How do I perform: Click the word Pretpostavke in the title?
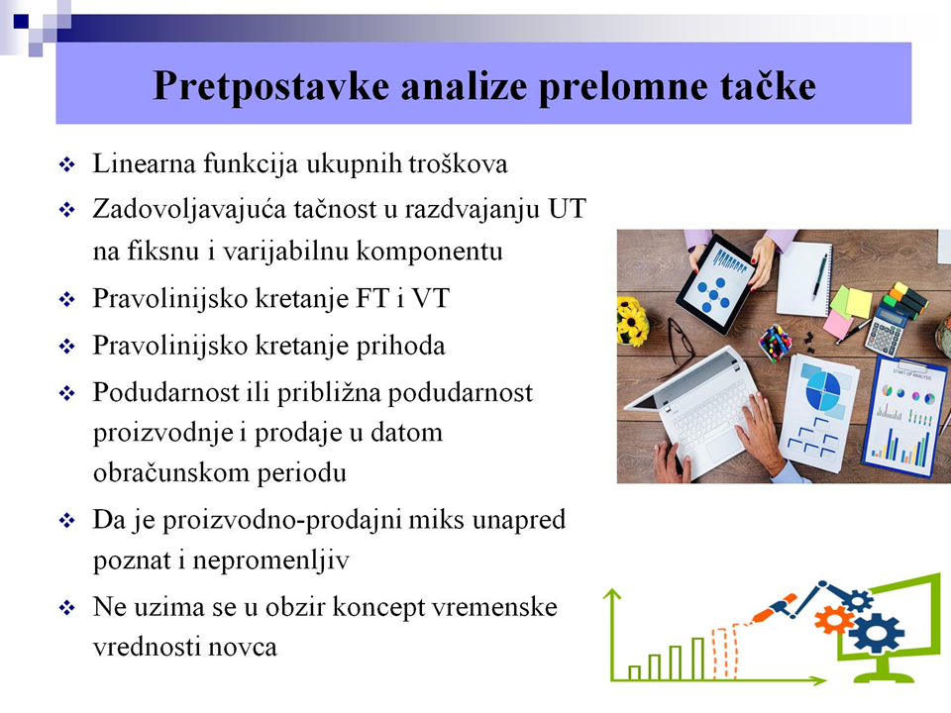[x=270, y=86]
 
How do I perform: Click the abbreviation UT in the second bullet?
[x=567, y=209]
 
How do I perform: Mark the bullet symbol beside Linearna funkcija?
[x=66, y=164]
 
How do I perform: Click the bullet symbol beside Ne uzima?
[x=66, y=607]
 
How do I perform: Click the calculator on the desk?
[x=885, y=328]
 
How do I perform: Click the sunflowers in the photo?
[x=632, y=320]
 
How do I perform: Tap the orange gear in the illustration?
[x=833, y=620]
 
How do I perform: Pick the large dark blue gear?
[x=875, y=633]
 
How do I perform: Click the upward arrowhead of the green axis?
[x=612, y=594]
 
